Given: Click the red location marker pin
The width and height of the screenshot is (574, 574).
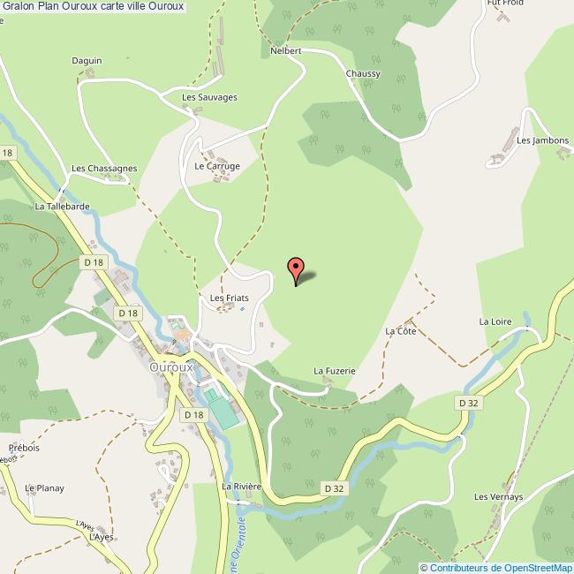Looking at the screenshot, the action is [297, 268].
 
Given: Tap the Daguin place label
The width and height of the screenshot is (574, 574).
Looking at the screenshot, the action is [87, 61].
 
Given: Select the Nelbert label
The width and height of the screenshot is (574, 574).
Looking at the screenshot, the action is [286, 51].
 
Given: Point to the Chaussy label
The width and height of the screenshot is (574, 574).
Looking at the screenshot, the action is [363, 74].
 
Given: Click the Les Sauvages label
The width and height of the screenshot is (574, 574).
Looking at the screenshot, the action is [209, 97].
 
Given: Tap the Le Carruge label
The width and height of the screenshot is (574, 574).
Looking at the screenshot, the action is [217, 165].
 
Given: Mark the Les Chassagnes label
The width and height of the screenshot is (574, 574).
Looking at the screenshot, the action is [104, 168].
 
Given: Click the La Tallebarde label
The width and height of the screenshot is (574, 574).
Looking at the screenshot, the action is [62, 207].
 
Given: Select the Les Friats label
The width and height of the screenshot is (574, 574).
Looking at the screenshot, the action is [229, 298].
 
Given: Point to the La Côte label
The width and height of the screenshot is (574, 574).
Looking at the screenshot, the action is [400, 331].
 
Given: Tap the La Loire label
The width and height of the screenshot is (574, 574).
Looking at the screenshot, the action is [495, 321].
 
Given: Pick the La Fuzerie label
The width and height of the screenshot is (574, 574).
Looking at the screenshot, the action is [334, 371].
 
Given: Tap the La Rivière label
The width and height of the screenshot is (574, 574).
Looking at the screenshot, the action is [242, 487].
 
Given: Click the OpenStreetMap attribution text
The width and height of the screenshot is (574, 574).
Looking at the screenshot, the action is [496, 567].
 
